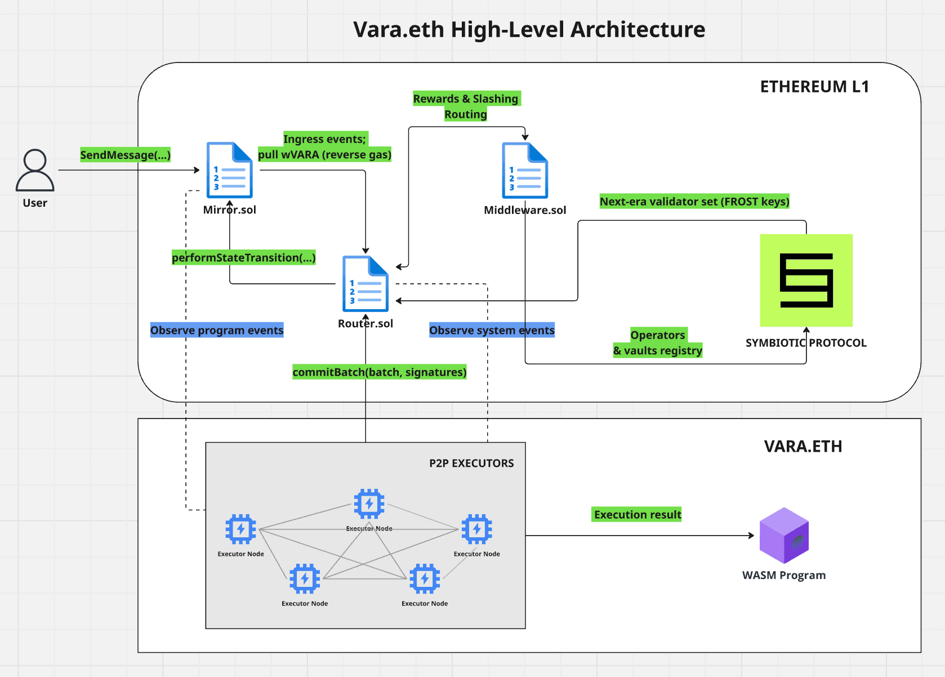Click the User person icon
pos(35,170)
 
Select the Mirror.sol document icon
pos(229,170)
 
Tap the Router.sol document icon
pos(365,284)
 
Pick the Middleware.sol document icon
pos(525,170)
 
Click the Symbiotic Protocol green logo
pos(806,280)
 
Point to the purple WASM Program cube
pos(784,535)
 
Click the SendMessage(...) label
pos(125,155)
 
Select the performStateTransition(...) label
pos(243,257)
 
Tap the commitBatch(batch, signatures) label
pos(379,372)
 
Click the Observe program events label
pos(217,330)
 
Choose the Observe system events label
pos(492,330)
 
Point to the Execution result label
pos(637,514)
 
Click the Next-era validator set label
pos(694,202)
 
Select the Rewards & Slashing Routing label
pos(466,106)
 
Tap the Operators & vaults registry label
pos(657,342)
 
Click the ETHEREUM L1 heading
pos(814,87)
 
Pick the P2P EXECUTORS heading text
pos(471,463)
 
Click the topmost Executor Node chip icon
pos(369,504)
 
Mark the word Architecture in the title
pos(638,29)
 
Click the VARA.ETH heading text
pos(803,446)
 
